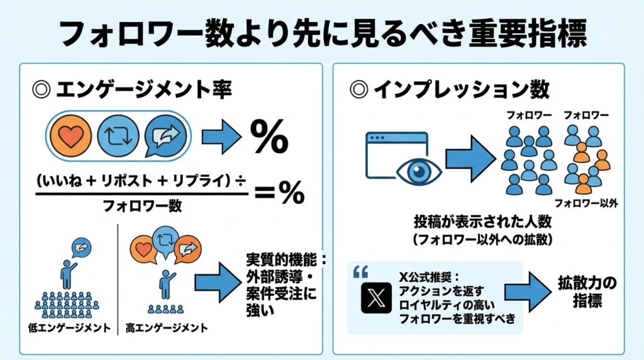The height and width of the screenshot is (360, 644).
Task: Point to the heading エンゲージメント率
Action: pos(144,91)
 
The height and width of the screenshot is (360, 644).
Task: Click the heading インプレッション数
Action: pos(461,91)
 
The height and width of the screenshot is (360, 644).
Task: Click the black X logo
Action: pos(377,297)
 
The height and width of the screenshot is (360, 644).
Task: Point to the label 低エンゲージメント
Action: pos(69,329)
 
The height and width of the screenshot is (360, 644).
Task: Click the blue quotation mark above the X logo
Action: pos(360,272)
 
